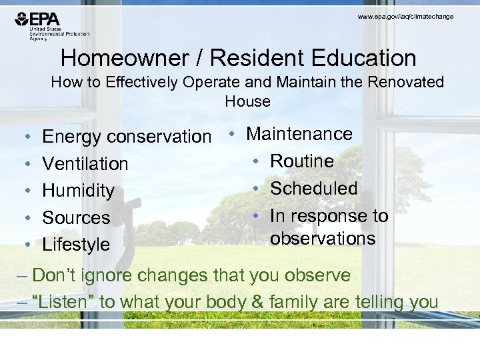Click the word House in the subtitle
[x=247, y=102]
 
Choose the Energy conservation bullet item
[x=126, y=137]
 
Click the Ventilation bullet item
[x=85, y=163]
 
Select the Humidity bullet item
[x=78, y=191]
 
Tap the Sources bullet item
[x=76, y=218]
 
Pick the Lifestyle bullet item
[x=76, y=245]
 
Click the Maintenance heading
[x=299, y=134]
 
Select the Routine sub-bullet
[x=301, y=161]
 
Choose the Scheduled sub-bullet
[x=313, y=189]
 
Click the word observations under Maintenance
[x=323, y=239]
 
